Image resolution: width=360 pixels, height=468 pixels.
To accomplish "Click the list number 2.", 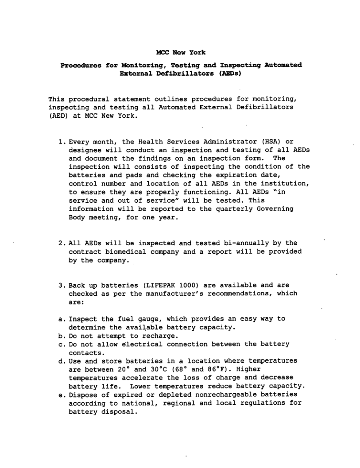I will coord(61,244).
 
